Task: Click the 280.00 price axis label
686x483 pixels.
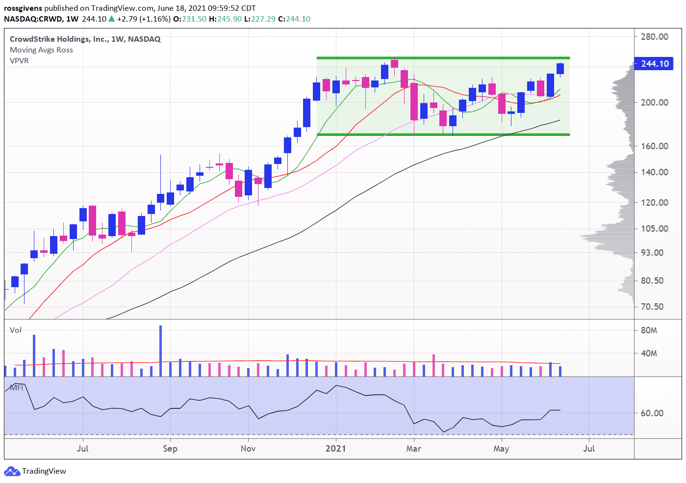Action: pos(654,37)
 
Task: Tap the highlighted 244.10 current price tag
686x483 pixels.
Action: pos(654,64)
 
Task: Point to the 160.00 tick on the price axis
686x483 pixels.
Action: pos(654,146)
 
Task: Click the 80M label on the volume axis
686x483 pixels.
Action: pos(649,330)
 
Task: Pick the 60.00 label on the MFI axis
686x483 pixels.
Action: pos(652,413)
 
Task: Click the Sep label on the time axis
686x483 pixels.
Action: pos(170,449)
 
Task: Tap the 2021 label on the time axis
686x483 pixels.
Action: pos(336,449)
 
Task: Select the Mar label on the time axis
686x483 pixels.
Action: pos(413,449)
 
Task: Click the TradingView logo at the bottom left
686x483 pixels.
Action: pos(35,471)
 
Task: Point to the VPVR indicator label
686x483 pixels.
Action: pos(19,61)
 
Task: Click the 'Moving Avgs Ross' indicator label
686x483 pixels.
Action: pos(41,50)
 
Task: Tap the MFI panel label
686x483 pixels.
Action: pos(17,388)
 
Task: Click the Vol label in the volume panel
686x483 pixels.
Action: pos(16,330)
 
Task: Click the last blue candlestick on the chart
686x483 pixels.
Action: pos(560,69)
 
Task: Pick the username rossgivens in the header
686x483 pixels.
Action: pos(23,8)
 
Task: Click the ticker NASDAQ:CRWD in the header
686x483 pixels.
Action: pos(33,19)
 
